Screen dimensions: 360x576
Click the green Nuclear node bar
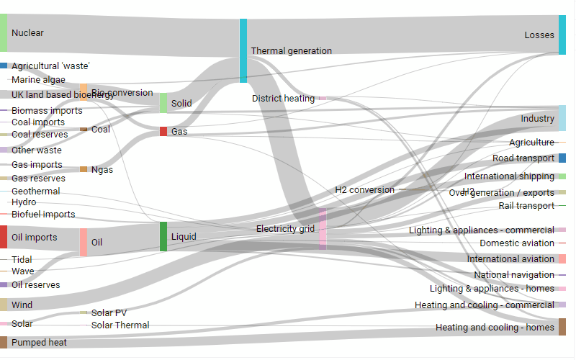(x=4, y=33)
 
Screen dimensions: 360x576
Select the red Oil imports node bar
(x=4, y=237)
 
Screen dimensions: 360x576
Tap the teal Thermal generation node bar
(x=243, y=50)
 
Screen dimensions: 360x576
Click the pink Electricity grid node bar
(x=323, y=229)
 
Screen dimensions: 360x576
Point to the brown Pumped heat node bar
(x=4, y=342)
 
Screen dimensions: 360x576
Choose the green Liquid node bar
(x=163, y=236)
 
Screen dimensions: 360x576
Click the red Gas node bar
(x=163, y=132)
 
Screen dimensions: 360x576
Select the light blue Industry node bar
(x=562, y=117)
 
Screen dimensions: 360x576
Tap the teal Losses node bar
(x=562, y=35)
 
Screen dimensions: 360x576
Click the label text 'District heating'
(x=283, y=98)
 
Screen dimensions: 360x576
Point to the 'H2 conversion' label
(x=364, y=189)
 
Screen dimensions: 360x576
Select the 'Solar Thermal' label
(x=120, y=325)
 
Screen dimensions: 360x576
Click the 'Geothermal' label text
(x=36, y=191)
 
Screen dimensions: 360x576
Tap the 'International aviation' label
(x=510, y=258)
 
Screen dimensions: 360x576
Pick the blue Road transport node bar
(x=562, y=158)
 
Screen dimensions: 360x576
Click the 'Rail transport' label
(x=526, y=206)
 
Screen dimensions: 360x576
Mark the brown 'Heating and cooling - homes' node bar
(x=562, y=327)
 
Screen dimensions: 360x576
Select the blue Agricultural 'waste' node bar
(x=4, y=66)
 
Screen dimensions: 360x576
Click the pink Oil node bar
(x=84, y=242)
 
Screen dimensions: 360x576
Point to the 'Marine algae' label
(x=38, y=80)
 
